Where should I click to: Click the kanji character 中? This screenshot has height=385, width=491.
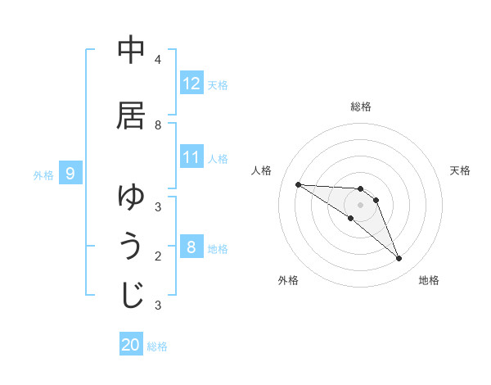pyautogui.click(x=131, y=50)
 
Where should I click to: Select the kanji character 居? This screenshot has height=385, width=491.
pyautogui.click(x=131, y=115)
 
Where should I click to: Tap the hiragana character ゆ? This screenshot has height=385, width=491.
pyautogui.click(x=131, y=197)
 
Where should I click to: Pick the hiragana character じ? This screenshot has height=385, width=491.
pyautogui.click(x=131, y=296)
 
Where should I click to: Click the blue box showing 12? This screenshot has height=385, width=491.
pyautogui.click(x=191, y=84)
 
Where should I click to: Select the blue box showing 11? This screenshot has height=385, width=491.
pyautogui.click(x=191, y=157)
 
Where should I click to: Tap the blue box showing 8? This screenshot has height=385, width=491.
pyautogui.click(x=191, y=247)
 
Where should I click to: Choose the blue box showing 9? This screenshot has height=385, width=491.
pyautogui.click(x=70, y=174)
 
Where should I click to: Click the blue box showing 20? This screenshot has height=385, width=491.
pyautogui.click(x=131, y=345)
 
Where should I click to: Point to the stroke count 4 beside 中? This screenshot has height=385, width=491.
pyautogui.click(x=157, y=60)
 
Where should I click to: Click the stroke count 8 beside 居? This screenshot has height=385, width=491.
pyautogui.click(x=157, y=125)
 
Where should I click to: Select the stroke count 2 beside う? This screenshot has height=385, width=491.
pyautogui.click(x=157, y=256)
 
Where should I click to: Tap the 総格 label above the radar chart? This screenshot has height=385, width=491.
pyautogui.click(x=361, y=106)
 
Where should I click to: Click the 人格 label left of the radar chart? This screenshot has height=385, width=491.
pyautogui.click(x=262, y=170)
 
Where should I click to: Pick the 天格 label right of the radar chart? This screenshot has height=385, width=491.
pyautogui.click(x=460, y=170)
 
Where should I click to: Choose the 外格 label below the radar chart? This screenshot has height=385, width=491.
pyautogui.click(x=288, y=280)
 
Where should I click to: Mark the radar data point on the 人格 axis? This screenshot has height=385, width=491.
pyautogui.click(x=298, y=184)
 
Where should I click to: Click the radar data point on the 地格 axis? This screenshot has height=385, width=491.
pyautogui.click(x=399, y=259)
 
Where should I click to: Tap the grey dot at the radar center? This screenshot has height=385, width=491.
pyautogui.click(x=361, y=205)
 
